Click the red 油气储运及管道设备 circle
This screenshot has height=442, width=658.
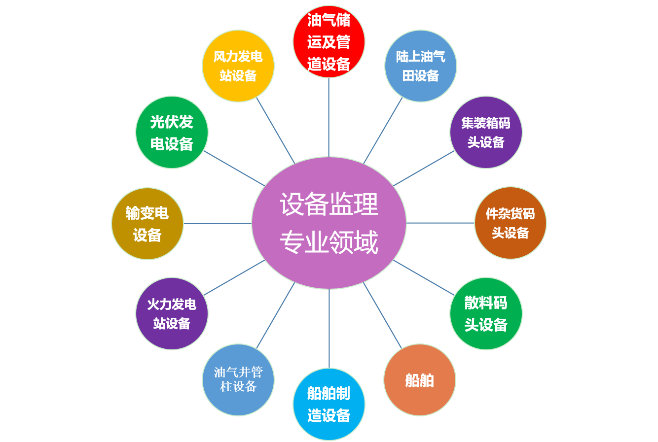[x=329, y=41]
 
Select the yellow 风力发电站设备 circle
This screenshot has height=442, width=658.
[x=238, y=66]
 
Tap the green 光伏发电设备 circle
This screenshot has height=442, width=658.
[x=172, y=132]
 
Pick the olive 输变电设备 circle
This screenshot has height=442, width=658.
[x=147, y=223]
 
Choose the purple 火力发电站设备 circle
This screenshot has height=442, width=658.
[x=172, y=313]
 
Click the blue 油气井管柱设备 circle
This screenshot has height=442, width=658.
[x=238, y=379]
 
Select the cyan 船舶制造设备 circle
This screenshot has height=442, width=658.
[x=329, y=404]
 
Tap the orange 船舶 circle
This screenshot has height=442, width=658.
[x=419, y=380]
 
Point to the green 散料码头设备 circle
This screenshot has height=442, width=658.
[x=486, y=313]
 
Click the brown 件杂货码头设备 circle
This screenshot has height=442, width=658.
[x=511, y=223]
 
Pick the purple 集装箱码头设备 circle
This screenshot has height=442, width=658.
[x=486, y=132]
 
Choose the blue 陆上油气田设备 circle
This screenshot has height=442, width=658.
[x=420, y=66]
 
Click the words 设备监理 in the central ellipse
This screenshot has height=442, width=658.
[x=329, y=204]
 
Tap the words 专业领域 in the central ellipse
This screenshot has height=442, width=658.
[x=329, y=242]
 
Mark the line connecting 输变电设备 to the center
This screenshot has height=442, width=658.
[x=217, y=223]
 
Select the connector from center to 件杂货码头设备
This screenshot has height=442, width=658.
[x=440, y=223]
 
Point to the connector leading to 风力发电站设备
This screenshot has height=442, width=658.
[x=275, y=130]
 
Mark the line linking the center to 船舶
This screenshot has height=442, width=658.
[x=382, y=315]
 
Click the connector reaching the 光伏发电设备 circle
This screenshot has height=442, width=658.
[x=234, y=168]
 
